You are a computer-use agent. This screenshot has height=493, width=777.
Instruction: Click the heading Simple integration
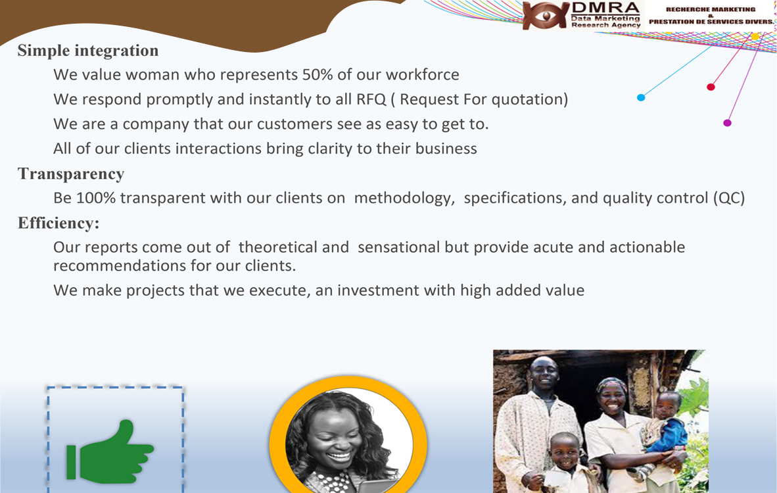88,51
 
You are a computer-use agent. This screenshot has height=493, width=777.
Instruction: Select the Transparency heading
71,174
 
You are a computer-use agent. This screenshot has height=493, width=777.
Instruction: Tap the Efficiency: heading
59,224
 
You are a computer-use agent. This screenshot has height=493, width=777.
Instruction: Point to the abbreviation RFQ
371,99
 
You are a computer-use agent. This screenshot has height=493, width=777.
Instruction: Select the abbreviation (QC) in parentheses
729,198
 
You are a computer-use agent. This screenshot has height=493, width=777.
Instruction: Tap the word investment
378,290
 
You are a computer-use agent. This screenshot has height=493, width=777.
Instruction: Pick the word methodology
404,198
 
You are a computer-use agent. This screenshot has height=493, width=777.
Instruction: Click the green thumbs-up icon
110,452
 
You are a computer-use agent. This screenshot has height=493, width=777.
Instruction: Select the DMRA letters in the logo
605,8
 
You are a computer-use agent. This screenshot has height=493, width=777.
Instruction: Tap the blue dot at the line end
641,97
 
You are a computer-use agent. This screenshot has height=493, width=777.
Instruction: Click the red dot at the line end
711,88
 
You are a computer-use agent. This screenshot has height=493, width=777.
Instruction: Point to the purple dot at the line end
727,123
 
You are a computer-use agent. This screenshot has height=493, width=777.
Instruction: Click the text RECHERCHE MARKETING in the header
711,9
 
